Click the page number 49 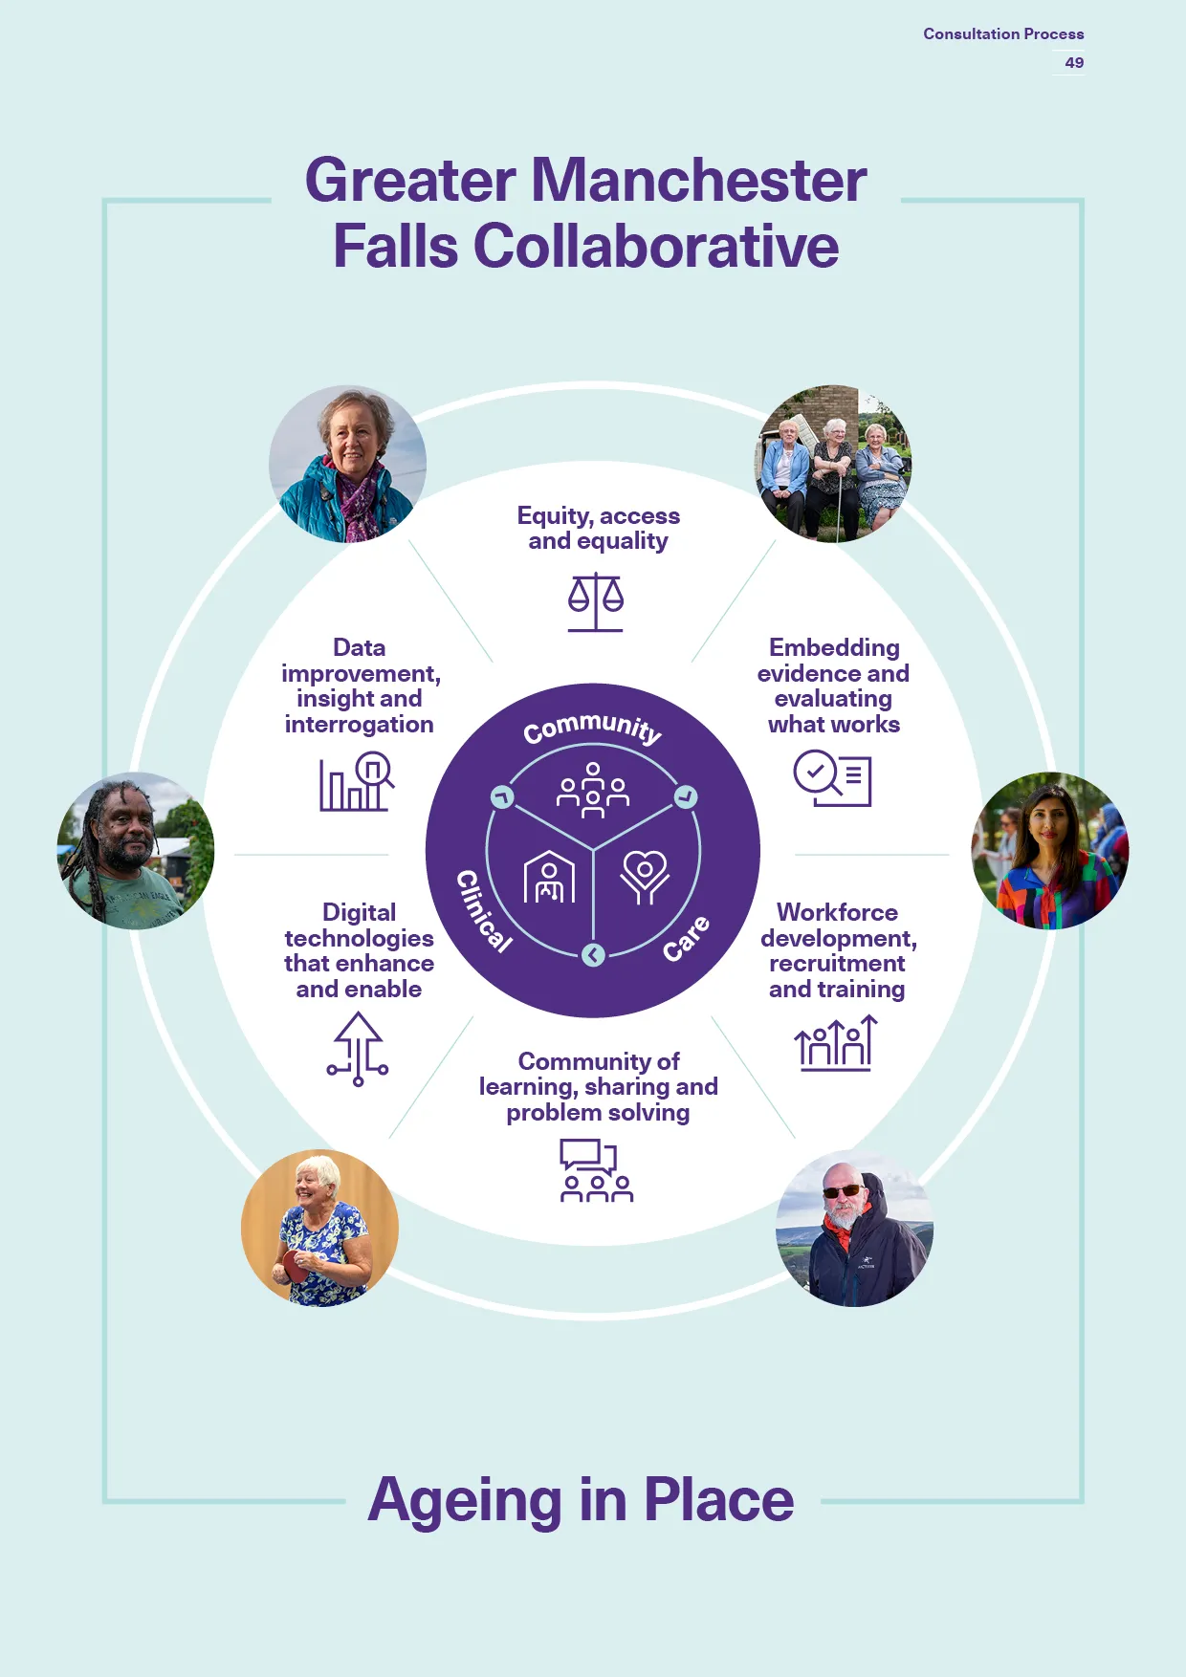[x=1074, y=62]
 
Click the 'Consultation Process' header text [x=1003, y=33]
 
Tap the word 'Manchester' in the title [x=698, y=180]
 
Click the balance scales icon [x=595, y=602]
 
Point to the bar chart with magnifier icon [x=357, y=781]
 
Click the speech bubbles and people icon [x=596, y=1170]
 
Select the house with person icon [x=549, y=877]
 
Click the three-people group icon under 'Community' [x=593, y=790]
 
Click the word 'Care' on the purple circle [x=687, y=937]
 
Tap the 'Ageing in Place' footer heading [x=582, y=1500]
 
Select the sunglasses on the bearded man [x=842, y=1190]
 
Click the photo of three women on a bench [x=834, y=464]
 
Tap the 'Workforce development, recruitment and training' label [x=838, y=950]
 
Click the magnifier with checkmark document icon [x=832, y=778]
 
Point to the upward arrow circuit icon [x=358, y=1050]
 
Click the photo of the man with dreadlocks [x=136, y=851]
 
